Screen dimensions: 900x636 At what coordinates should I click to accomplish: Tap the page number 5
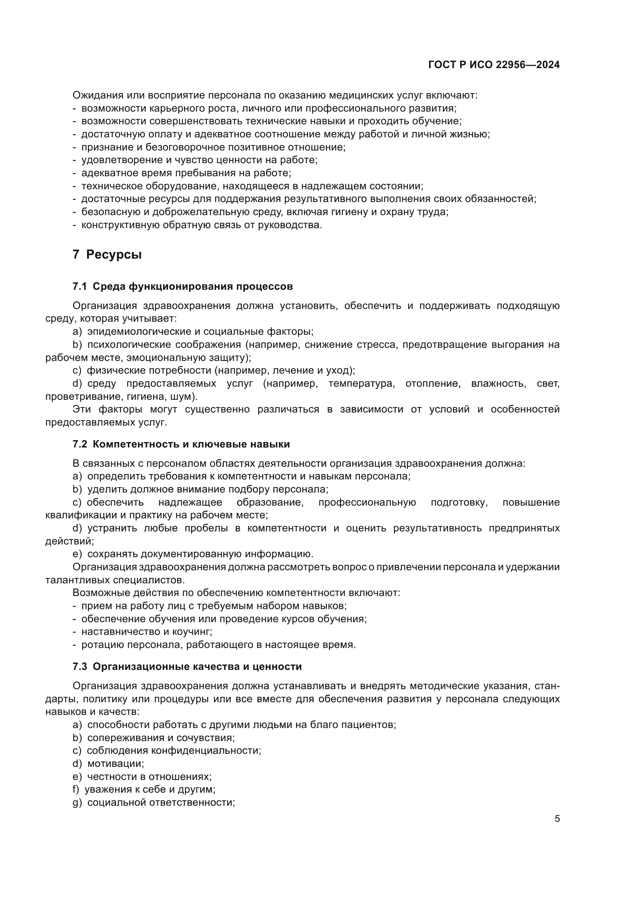[557, 819]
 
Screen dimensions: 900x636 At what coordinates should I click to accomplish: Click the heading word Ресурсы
[113, 254]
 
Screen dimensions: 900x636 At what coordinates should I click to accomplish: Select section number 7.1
[80, 287]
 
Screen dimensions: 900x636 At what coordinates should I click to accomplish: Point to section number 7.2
[80, 444]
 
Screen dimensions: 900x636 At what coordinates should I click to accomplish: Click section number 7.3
[80, 666]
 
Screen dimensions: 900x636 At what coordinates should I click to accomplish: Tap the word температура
[360, 383]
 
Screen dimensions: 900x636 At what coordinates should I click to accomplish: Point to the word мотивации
[115, 763]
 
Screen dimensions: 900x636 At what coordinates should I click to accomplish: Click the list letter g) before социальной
[77, 802]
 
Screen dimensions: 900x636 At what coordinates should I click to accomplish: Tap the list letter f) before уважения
[76, 790]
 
